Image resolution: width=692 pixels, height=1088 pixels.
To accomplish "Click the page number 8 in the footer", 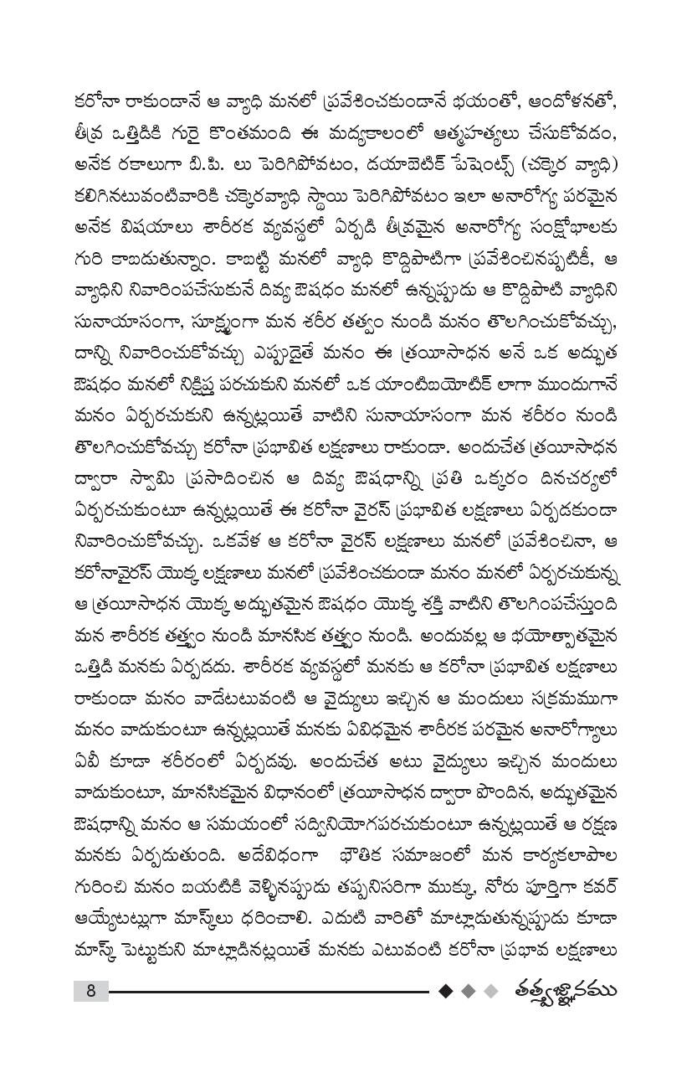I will [90, 992].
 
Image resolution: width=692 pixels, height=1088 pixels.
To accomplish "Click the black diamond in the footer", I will [445, 992].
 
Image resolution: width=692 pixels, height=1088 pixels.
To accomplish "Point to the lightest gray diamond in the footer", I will [491, 992].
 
